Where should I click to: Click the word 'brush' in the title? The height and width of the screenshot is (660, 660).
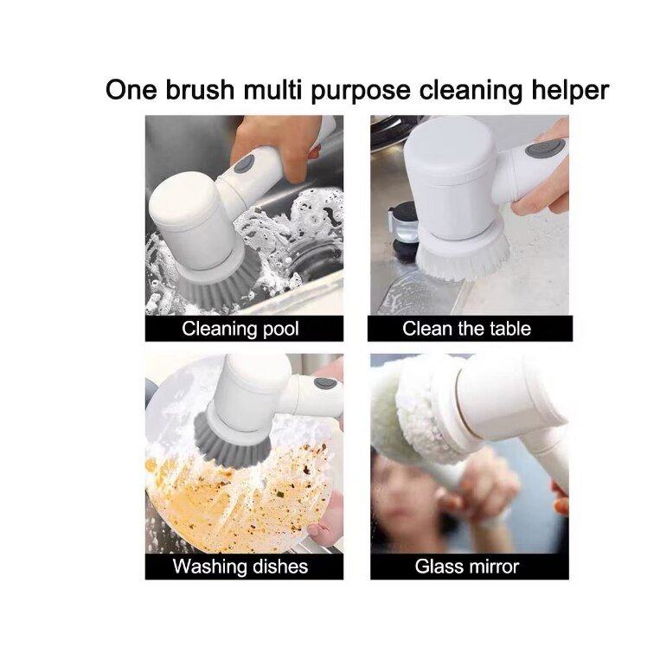(195, 90)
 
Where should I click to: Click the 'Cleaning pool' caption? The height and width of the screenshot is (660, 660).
(240, 329)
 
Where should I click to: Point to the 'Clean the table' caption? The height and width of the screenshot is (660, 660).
(466, 329)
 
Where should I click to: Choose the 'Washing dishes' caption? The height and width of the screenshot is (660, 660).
(240, 567)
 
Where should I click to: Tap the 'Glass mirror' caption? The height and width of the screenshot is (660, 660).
(466, 567)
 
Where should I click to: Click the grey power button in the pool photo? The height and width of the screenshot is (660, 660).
(245, 163)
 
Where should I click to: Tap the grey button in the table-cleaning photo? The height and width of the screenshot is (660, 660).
(545, 148)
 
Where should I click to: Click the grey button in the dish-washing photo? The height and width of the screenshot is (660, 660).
(325, 382)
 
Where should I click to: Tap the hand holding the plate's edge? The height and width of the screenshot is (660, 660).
(327, 528)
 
